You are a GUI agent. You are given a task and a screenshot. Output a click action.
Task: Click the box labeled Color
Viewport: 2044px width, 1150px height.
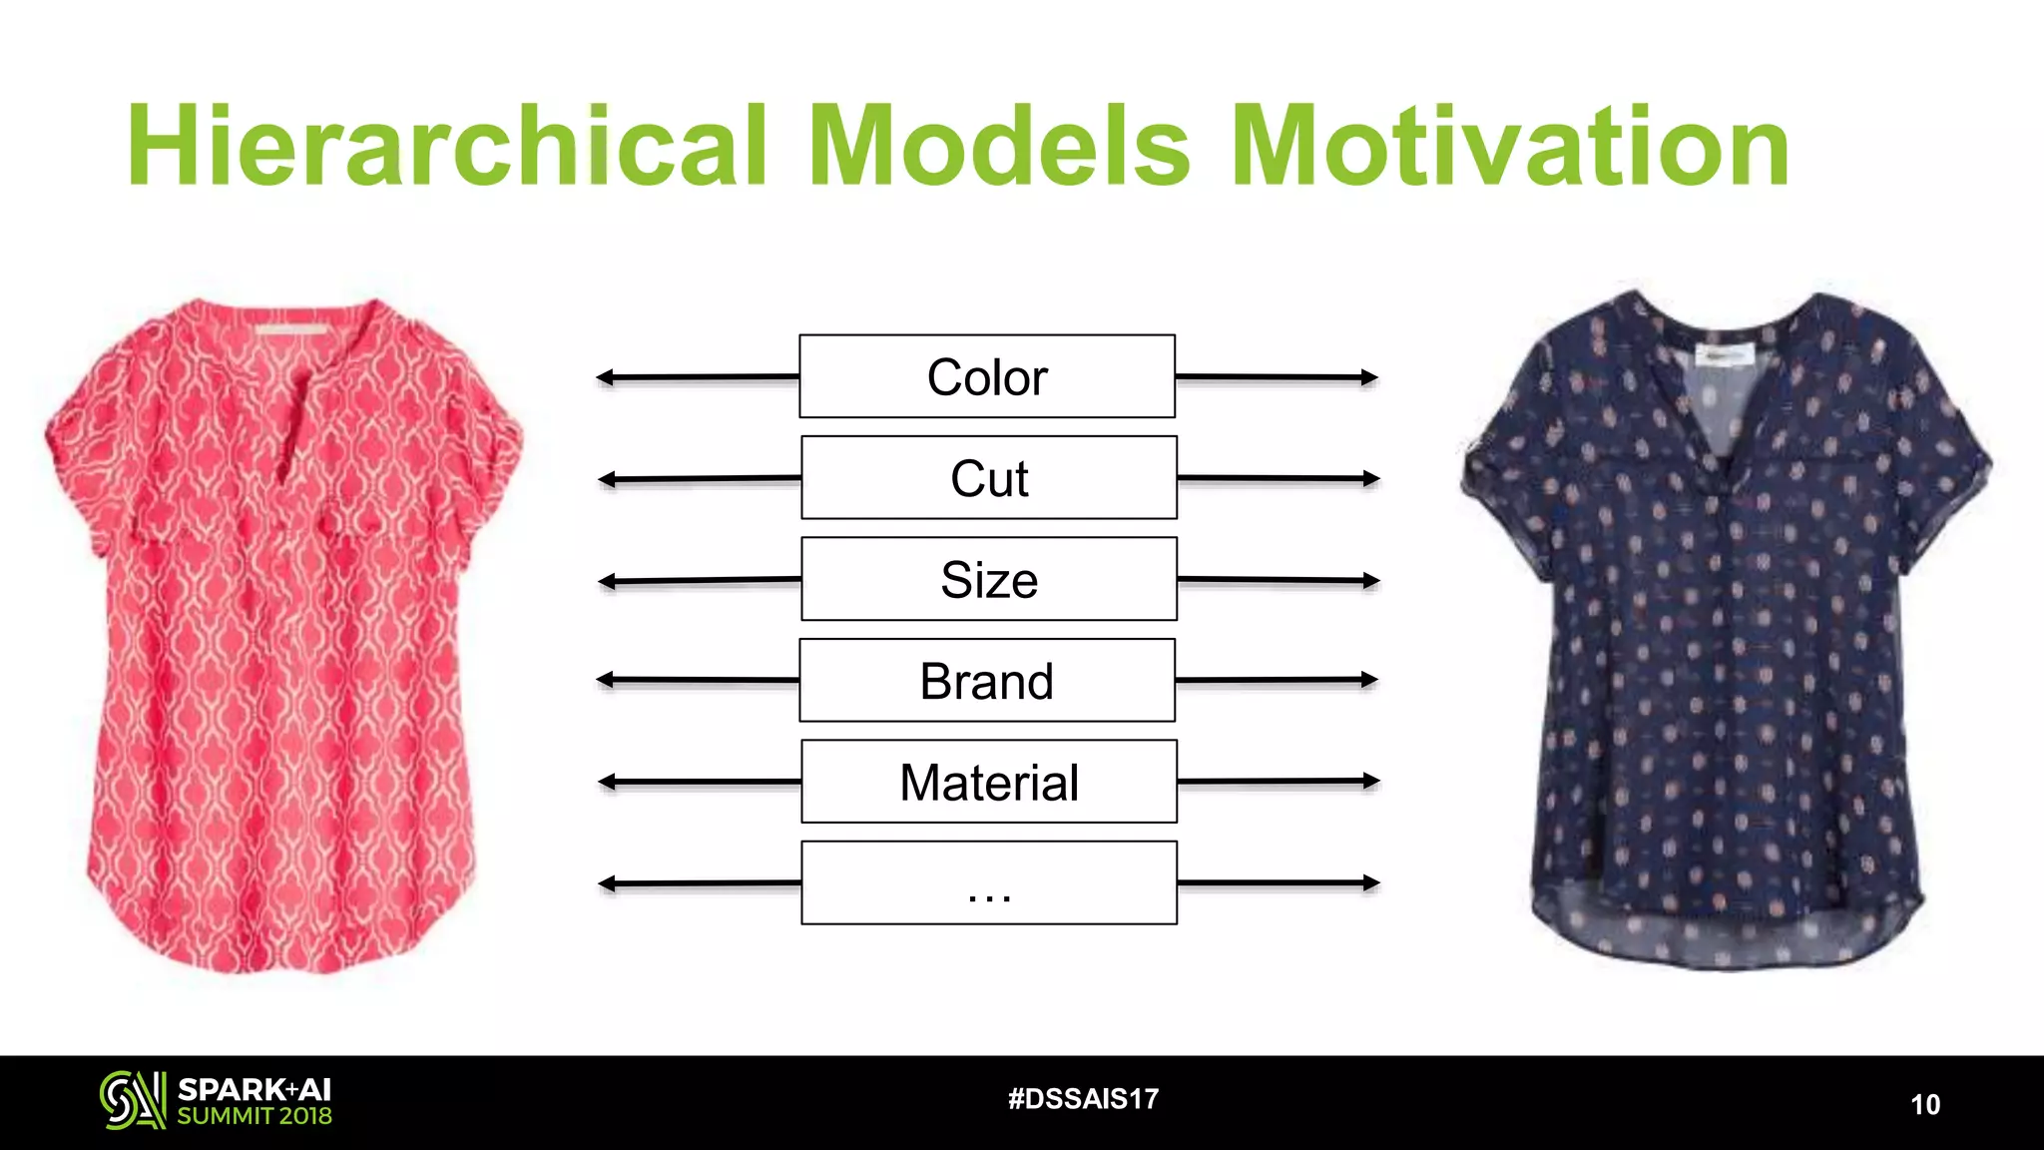pyautogui.click(x=987, y=376)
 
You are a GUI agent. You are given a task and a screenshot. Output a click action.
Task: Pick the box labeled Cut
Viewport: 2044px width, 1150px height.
pyautogui.click(x=989, y=478)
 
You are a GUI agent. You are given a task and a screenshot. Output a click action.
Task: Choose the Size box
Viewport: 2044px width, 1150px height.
pyautogui.click(x=989, y=579)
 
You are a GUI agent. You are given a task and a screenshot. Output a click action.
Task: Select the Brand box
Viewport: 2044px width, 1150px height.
pyautogui.click(x=987, y=681)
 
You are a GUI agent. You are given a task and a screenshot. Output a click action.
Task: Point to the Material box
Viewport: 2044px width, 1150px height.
pyautogui.click(x=989, y=782)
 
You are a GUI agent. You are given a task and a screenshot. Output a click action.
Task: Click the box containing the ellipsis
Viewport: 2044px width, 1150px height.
pyautogui.click(x=989, y=883)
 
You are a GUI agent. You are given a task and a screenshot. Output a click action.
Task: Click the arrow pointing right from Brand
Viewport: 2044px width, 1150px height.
pyautogui.click(x=1277, y=680)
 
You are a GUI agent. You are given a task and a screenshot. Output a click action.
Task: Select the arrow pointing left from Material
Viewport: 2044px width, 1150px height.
pyautogui.click(x=699, y=782)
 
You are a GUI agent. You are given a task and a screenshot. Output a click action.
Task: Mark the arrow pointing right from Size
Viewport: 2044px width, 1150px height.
pyautogui.click(x=1278, y=580)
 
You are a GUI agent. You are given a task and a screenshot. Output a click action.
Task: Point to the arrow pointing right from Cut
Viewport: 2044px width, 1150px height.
pyautogui.click(x=1278, y=479)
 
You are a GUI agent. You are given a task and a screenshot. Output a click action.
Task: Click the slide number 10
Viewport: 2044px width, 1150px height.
pyautogui.click(x=1924, y=1104)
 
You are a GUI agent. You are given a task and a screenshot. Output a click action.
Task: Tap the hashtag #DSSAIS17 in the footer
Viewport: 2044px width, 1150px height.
pyautogui.click(x=1083, y=1099)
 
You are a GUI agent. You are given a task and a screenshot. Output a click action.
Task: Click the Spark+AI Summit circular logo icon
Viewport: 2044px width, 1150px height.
pyautogui.click(x=132, y=1100)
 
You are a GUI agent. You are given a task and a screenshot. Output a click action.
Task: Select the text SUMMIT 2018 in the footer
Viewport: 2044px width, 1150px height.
pyautogui.click(x=255, y=1116)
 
